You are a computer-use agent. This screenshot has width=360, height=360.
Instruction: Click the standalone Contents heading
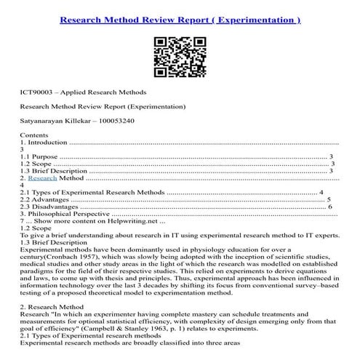point(35,135)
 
